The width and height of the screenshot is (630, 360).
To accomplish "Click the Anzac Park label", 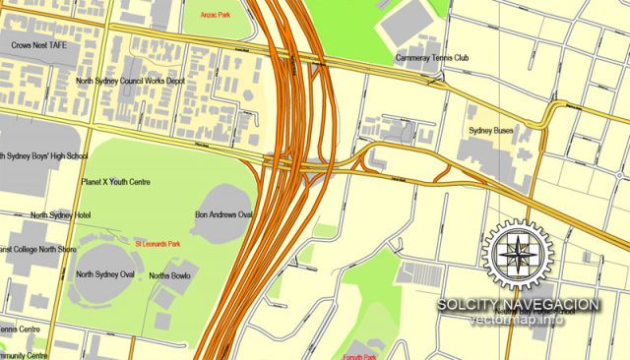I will pos(216,16).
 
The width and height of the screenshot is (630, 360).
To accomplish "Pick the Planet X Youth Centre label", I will pos(115,181).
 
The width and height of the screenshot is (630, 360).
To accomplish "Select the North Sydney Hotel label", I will pos(61,214).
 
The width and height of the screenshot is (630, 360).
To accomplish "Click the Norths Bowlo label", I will pos(168,275).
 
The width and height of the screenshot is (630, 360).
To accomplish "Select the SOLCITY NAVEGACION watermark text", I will pos(519,305).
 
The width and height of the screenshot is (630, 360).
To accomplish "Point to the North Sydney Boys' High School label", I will pos(44,155).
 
